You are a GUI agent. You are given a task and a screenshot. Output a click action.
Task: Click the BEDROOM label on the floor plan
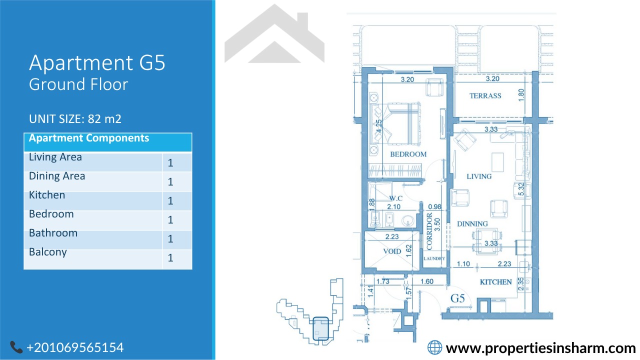pyautogui.click(x=408, y=154)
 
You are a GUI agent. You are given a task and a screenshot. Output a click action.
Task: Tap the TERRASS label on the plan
pyautogui.click(x=485, y=95)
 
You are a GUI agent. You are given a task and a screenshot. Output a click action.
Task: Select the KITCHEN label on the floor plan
pyautogui.click(x=495, y=282)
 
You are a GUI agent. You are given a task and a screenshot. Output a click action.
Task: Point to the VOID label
pyautogui.click(x=392, y=251)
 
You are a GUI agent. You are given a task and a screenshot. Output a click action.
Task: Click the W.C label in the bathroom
pyautogui.click(x=395, y=198)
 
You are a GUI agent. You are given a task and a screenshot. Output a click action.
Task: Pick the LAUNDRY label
pyautogui.click(x=434, y=258)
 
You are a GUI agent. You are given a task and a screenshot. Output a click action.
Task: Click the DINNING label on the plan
pyautogui.click(x=472, y=223)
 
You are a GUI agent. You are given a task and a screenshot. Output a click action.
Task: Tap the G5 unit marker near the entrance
pyautogui.click(x=457, y=298)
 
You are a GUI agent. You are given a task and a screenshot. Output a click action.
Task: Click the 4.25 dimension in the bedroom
pyautogui.click(x=378, y=126)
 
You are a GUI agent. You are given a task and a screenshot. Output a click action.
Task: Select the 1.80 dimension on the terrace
pyautogui.click(x=521, y=95)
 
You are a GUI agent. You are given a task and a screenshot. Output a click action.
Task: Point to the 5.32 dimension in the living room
pyautogui.click(x=521, y=189)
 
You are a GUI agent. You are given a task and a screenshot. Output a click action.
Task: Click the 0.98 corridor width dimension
pyautogui.click(x=434, y=206)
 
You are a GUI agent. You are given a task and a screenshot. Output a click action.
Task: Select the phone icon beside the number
pyautogui.click(x=16, y=347)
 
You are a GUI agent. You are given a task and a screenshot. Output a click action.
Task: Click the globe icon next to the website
pyautogui.click(x=434, y=347)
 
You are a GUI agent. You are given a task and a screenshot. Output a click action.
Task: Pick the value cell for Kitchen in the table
pyautogui.click(x=177, y=201)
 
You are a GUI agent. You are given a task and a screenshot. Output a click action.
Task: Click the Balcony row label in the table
pyautogui.click(x=47, y=252)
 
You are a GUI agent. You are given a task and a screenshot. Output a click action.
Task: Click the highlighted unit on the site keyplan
pyautogui.click(x=320, y=328)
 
